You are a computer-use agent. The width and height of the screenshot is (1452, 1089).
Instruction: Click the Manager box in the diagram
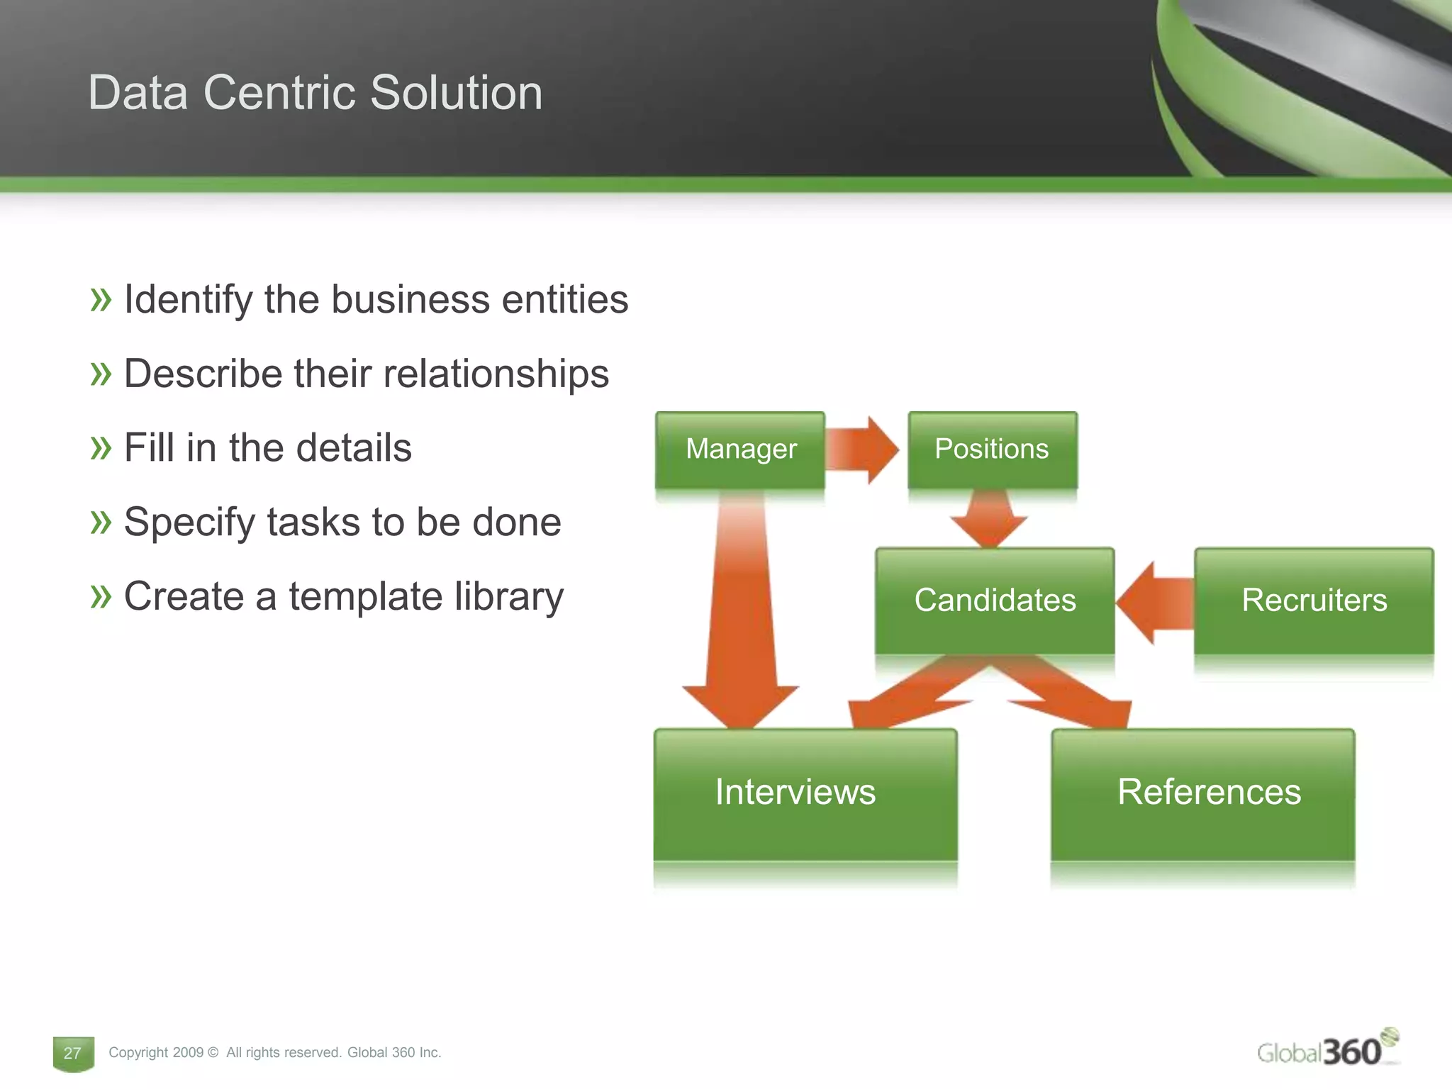(740, 449)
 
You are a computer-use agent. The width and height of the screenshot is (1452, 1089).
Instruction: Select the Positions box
(992, 449)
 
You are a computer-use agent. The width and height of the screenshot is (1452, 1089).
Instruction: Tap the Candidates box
(994, 601)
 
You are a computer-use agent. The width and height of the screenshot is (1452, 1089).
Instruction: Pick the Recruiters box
(1313, 601)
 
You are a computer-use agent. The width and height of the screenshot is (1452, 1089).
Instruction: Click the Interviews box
(805, 794)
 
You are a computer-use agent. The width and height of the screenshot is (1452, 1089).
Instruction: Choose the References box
(1202, 794)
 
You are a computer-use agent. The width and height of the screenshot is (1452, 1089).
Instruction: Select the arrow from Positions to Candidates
(989, 518)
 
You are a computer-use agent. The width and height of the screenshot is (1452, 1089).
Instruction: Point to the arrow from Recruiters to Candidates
(1156, 603)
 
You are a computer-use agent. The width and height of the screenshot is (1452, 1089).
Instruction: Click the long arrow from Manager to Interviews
(740, 624)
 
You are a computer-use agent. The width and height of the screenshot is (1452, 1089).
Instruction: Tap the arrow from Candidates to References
(1071, 695)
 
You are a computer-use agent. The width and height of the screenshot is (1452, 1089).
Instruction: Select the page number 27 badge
(73, 1054)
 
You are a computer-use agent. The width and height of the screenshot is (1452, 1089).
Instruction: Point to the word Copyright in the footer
(138, 1053)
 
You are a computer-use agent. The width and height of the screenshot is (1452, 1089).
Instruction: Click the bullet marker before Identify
(101, 299)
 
